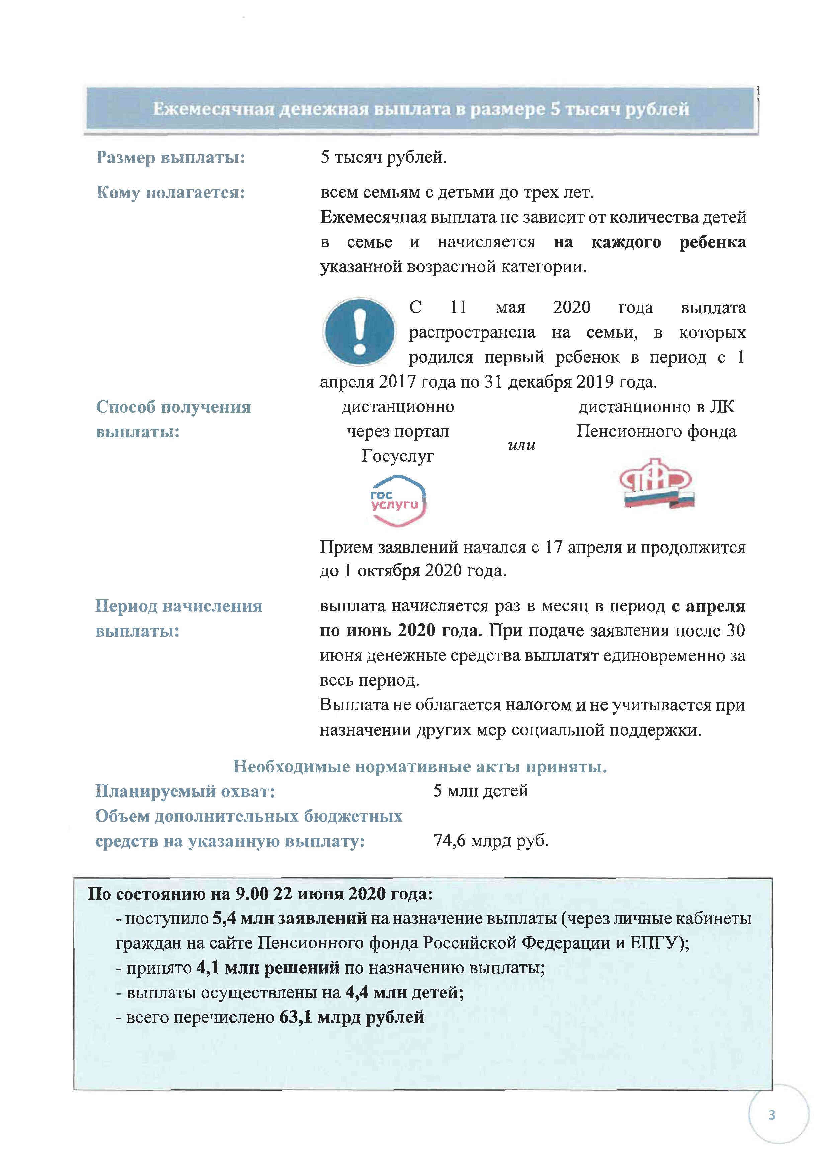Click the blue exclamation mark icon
(359, 331)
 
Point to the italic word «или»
(521, 445)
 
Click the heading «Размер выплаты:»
(171, 157)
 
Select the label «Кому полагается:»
(171, 192)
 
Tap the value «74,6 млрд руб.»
(491, 840)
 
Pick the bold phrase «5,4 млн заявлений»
(290, 918)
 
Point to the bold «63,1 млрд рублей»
(352, 1017)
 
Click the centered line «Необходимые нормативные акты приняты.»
(420, 767)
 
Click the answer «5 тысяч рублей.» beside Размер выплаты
(384, 157)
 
